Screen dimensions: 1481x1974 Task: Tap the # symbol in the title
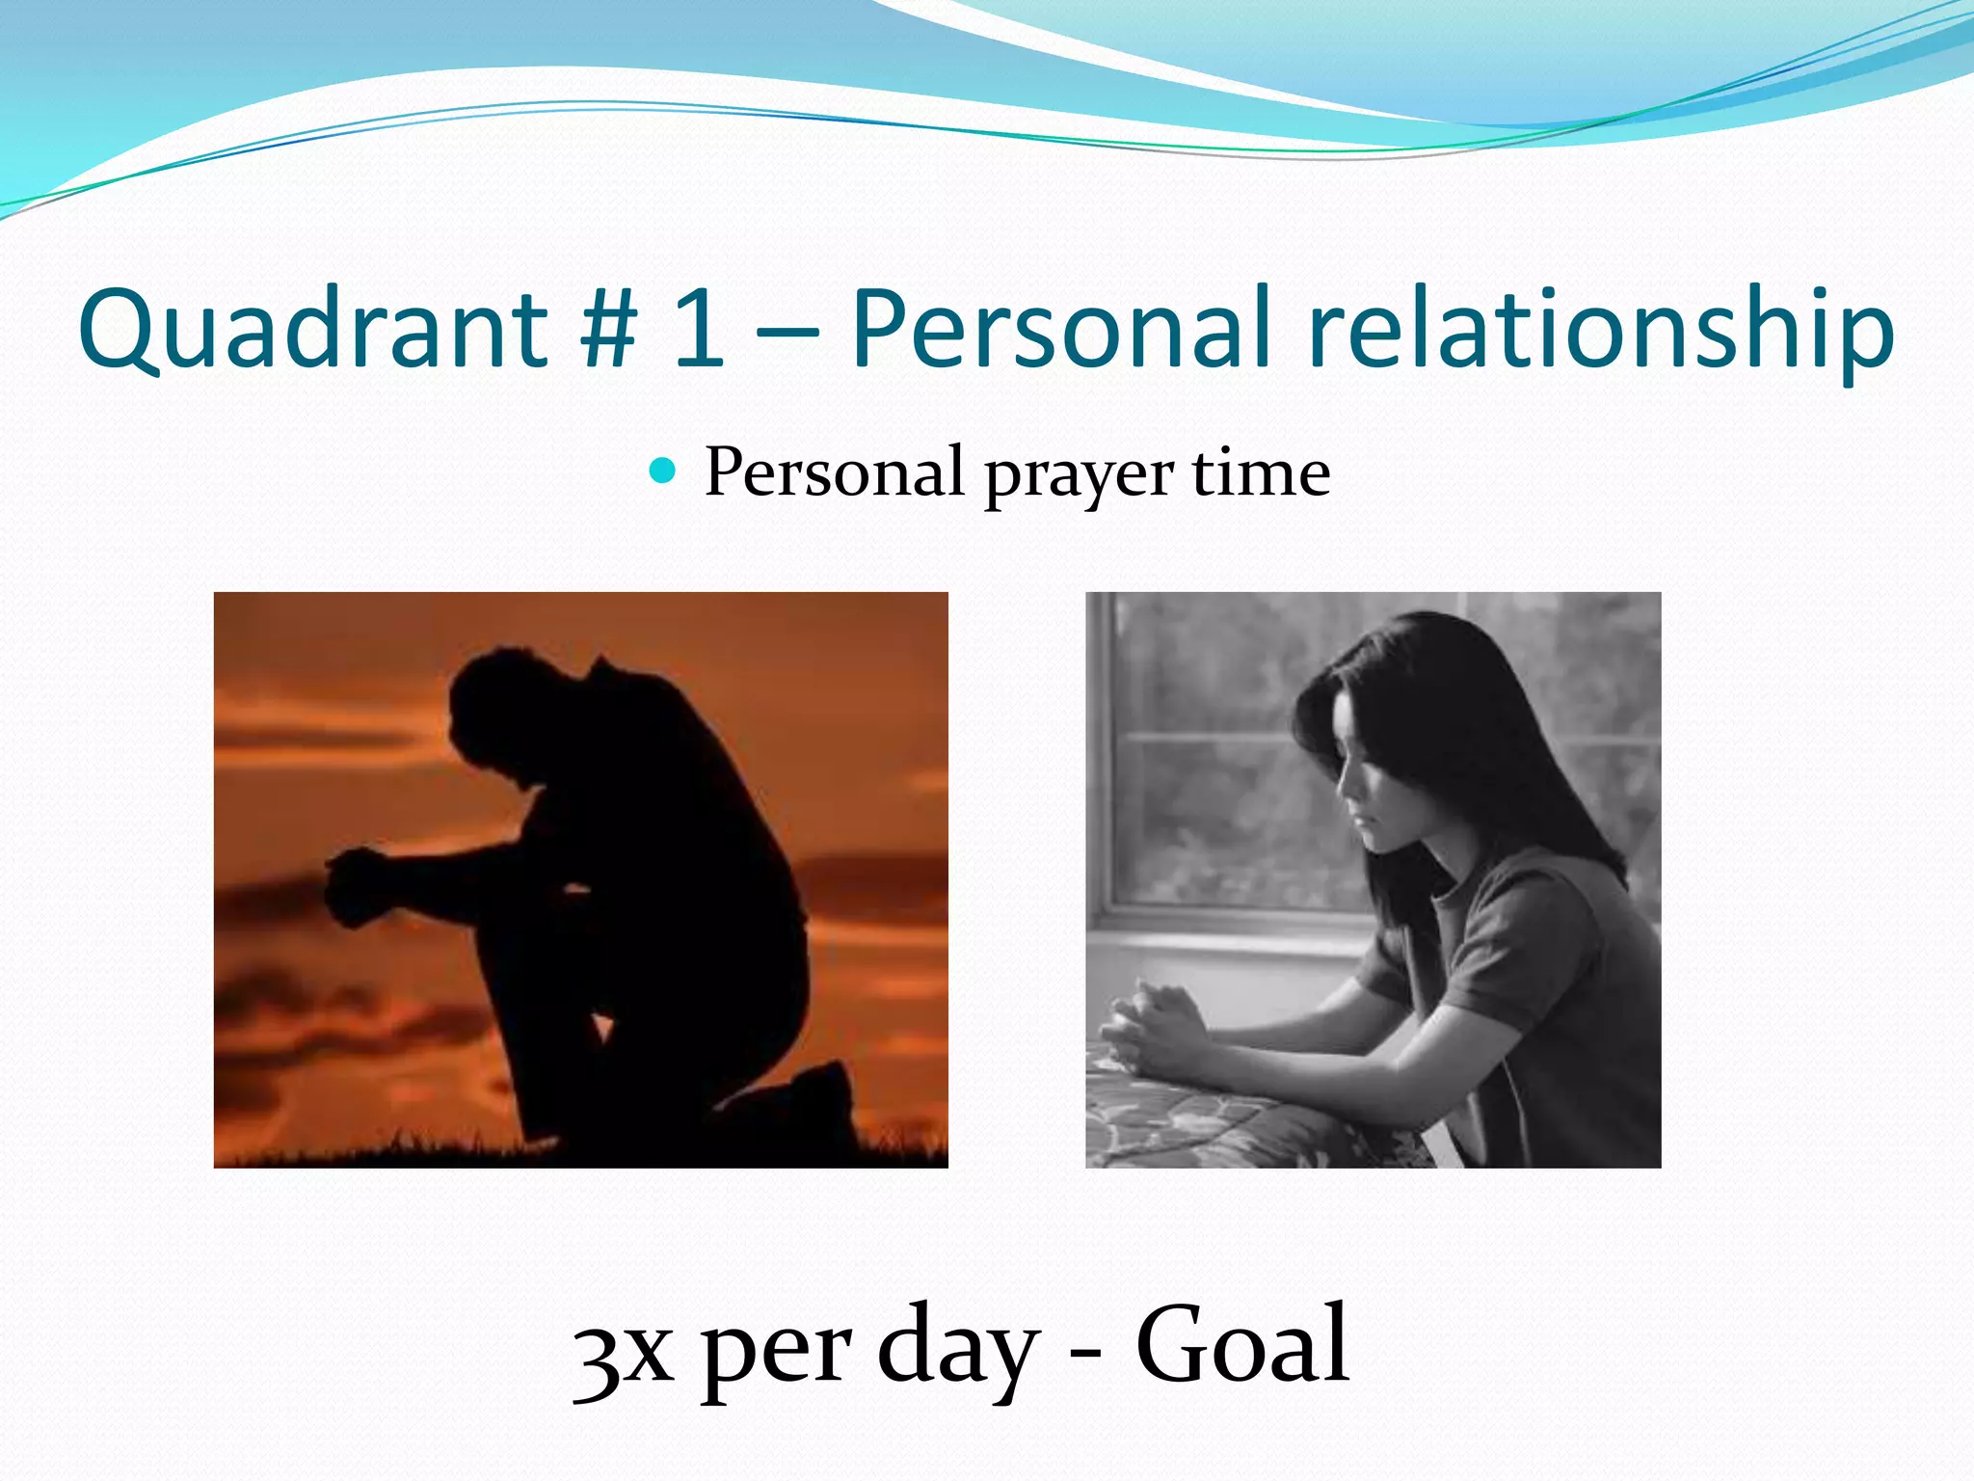(609, 331)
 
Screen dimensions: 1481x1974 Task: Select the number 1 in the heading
(699, 331)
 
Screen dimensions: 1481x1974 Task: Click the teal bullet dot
(663, 471)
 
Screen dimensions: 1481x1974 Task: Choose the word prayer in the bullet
(1079, 475)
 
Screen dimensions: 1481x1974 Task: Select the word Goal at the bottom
(1242, 1346)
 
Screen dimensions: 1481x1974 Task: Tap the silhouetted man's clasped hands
(357, 883)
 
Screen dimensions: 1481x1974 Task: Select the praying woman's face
(1369, 791)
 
